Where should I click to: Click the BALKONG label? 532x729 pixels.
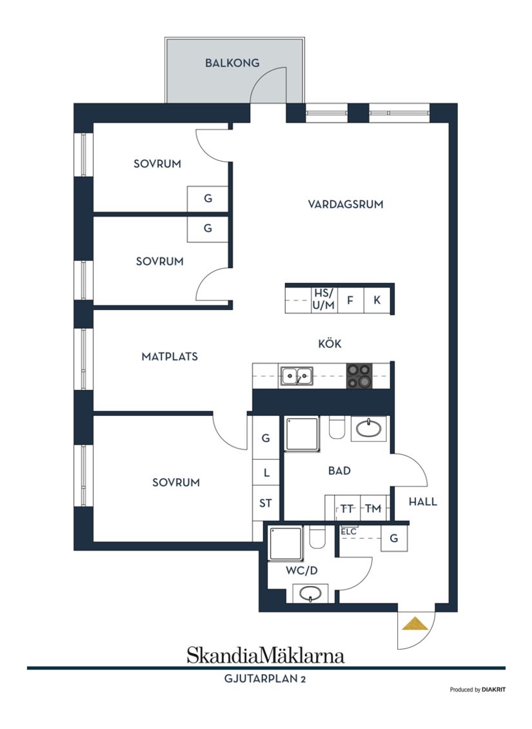(232, 63)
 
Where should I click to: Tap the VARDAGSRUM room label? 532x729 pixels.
(345, 204)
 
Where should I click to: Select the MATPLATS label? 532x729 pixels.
(170, 356)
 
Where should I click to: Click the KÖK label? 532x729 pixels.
(330, 344)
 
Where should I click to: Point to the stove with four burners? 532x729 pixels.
(359, 376)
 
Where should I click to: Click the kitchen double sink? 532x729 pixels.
(296, 376)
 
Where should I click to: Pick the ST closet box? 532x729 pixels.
(266, 503)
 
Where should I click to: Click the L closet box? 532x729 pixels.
(266, 472)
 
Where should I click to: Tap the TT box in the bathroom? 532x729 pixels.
(347, 509)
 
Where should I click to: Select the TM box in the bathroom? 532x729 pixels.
(373, 509)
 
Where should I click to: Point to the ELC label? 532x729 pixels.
(349, 532)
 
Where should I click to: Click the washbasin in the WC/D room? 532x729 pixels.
(311, 593)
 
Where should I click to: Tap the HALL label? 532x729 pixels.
(423, 501)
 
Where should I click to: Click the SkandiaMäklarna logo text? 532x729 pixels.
(266, 656)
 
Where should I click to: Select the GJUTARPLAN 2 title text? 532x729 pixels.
(266, 678)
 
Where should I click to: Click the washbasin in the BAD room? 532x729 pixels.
(369, 428)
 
